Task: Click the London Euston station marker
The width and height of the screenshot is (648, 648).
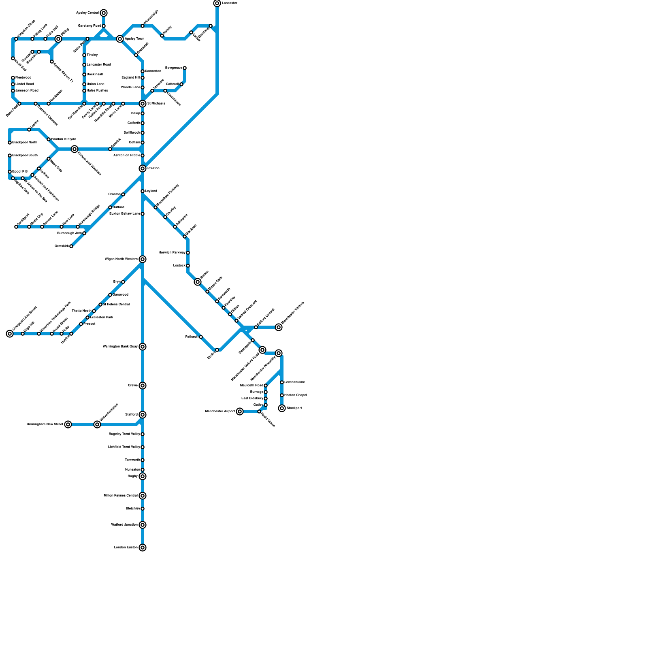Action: [143, 548]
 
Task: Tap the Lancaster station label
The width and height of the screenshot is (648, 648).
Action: [230, 3]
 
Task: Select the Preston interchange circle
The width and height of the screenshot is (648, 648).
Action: [143, 168]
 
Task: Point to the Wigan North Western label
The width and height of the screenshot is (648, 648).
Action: [121, 259]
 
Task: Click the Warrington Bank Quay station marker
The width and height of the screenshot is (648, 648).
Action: [143, 347]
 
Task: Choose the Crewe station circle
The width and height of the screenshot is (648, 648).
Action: [143, 386]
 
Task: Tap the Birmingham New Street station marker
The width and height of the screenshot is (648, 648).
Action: [68, 424]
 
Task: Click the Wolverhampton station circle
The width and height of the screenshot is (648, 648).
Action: [97, 424]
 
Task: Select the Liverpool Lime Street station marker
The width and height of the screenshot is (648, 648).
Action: [10, 334]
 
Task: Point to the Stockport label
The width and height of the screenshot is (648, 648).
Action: [294, 408]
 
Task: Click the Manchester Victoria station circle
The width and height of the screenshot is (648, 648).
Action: [279, 327]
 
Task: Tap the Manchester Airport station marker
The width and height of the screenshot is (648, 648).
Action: [240, 411]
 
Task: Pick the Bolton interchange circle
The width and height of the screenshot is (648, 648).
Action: [198, 282]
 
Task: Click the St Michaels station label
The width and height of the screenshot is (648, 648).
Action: [156, 104]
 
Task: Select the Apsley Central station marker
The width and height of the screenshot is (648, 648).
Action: [104, 13]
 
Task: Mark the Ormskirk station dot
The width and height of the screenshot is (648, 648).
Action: [71, 246]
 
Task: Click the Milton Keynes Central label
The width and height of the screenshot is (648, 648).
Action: [121, 496]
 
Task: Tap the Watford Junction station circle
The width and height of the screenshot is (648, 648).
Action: [143, 525]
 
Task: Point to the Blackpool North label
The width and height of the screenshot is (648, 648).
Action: [25, 143]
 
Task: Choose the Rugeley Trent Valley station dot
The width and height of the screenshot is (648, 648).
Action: [143, 434]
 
